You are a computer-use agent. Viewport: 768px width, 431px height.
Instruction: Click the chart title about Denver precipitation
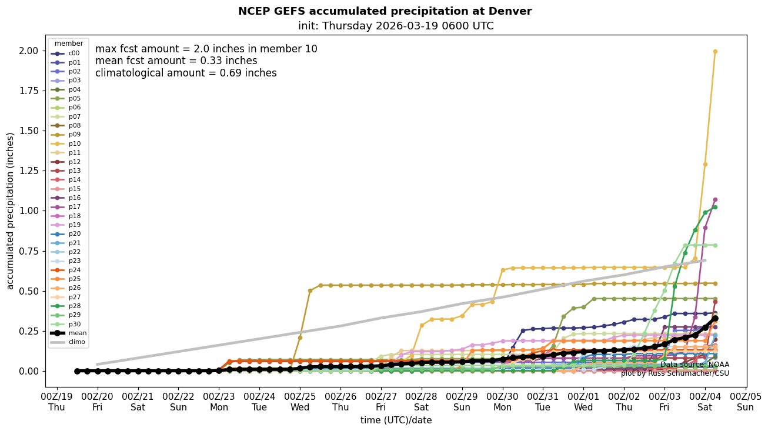[385, 11]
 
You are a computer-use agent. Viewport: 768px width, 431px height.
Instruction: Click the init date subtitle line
[395, 26]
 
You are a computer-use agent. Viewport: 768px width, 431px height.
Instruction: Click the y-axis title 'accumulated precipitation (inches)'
[11, 211]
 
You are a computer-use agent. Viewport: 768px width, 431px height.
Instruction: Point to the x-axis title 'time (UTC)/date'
[396, 420]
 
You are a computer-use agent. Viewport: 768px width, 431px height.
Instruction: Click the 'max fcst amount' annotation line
[206, 49]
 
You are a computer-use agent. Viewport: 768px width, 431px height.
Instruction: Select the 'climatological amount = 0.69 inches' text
[186, 73]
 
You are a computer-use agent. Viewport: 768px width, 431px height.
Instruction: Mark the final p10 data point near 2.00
[715, 51]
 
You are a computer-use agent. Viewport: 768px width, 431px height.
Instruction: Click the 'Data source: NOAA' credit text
[694, 365]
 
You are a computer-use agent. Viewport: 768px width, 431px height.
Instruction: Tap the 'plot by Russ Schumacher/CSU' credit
[674, 373]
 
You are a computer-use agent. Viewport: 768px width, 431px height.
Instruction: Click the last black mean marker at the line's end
[715, 318]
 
